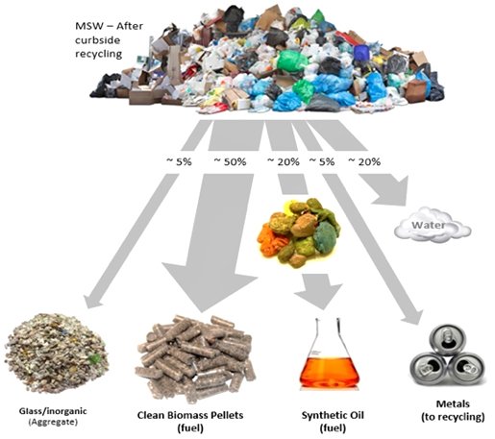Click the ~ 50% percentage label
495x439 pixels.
[230, 162]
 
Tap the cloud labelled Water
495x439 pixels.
[433, 225]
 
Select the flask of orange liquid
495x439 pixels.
[330, 354]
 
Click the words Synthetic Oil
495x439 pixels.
[333, 415]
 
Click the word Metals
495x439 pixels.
[453, 404]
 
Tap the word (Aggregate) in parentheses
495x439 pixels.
[53, 423]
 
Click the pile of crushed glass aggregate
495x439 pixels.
[57, 353]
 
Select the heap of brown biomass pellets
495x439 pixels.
[195, 357]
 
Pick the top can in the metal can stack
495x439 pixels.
[447, 339]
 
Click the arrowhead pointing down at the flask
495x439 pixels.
[319, 293]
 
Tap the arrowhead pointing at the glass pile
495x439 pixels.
[93, 300]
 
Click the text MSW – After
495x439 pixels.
[110, 26]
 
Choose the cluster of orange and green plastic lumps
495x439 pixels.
[299, 232]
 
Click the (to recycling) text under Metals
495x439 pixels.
[453, 417]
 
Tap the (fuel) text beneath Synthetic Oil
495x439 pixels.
[333, 428]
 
